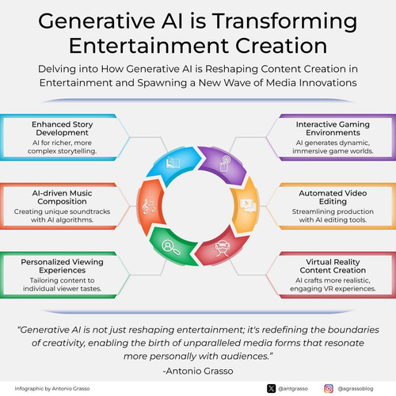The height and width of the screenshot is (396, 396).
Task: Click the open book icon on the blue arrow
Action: [x=173, y=163]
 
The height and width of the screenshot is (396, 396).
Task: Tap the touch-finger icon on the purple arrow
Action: [x=225, y=164]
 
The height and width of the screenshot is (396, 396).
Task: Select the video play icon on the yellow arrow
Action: [x=248, y=206]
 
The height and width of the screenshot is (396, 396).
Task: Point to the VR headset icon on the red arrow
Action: [x=223, y=249]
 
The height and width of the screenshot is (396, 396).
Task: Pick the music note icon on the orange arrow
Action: [x=149, y=207]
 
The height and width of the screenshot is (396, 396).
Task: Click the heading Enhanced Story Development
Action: [x=63, y=128]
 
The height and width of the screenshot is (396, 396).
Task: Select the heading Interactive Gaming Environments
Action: [x=333, y=128]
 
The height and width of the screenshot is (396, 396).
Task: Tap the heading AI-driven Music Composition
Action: [x=62, y=197]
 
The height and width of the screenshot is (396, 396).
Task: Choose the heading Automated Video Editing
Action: [x=333, y=197]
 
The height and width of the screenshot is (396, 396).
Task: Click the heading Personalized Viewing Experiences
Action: [x=62, y=266]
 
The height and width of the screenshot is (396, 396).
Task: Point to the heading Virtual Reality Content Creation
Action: [x=333, y=266]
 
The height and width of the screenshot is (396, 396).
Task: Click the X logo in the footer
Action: [x=271, y=389]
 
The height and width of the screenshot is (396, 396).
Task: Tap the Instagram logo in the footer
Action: [x=329, y=389]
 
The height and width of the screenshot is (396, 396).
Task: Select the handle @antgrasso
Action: [x=293, y=389]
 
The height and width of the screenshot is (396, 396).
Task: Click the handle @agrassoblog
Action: [x=356, y=389]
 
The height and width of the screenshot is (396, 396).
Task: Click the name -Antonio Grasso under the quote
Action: [x=198, y=371]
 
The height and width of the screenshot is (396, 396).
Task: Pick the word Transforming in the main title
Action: [x=284, y=21]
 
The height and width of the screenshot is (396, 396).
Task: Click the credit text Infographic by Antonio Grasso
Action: [x=52, y=389]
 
